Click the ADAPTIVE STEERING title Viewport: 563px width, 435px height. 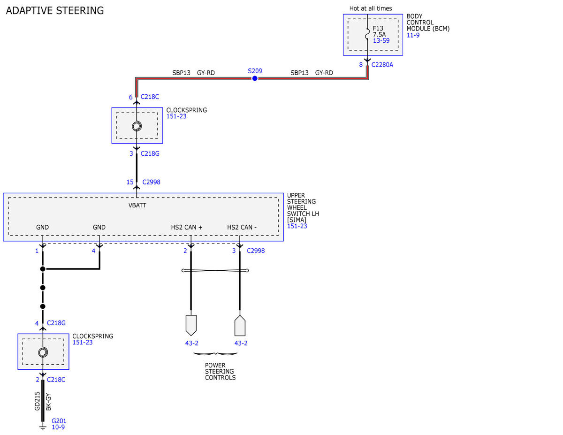[55, 11]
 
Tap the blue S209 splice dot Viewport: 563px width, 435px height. [255, 78]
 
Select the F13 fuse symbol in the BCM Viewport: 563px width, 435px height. [367, 34]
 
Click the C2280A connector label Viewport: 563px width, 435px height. [382, 65]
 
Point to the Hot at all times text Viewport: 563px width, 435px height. [371, 8]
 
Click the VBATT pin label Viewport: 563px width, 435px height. [137, 205]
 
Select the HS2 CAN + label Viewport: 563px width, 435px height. [187, 227]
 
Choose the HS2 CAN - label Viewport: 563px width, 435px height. [242, 227]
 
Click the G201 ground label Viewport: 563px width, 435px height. [59, 421]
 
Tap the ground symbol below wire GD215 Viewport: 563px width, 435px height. [43, 427]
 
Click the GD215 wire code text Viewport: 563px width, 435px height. [37, 401]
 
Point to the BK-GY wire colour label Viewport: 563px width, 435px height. [48, 402]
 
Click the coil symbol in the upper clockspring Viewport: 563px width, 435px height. [137, 126]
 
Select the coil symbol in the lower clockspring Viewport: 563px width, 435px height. [43, 352]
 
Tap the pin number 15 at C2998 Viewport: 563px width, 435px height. [130, 182]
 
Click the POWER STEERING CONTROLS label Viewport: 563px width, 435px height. [220, 371]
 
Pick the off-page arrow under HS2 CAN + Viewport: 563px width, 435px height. [191, 325]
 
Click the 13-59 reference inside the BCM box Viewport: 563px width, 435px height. [381, 41]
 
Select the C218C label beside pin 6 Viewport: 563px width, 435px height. [150, 97]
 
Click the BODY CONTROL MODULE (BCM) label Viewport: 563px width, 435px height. [428, 23]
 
